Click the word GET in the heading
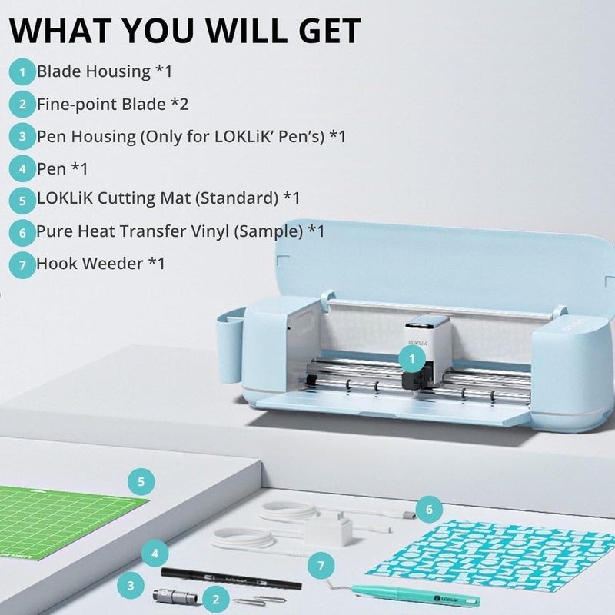click(x=330, y=31)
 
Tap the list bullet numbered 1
click(x=22, y=71)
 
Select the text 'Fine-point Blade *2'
click(x=112, y=105)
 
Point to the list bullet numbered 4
click(x=22, y=168)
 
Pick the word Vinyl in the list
click(x=209, y=231)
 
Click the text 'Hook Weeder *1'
click(x=101, y=264)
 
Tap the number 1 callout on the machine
click(x=412, y=359)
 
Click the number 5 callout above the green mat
click(x=141, y=482)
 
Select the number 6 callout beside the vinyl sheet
click(x=429, y=509)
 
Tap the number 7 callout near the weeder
click(x=321, y=566)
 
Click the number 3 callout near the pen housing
click(x=131, y=586)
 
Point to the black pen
click(x=231, y=579)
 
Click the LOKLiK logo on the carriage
click(x=417, y=342)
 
